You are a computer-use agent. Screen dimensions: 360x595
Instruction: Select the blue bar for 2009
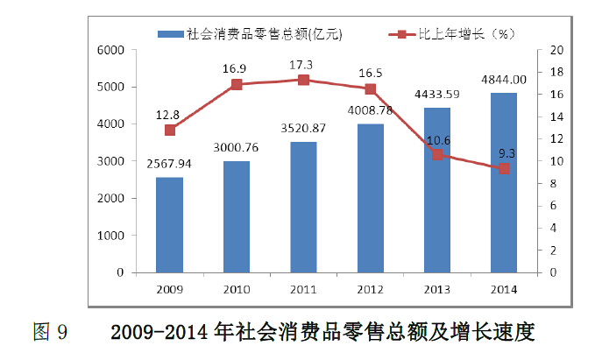click(169, 225)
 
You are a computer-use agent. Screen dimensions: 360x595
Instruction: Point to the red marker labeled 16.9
click(237, 85)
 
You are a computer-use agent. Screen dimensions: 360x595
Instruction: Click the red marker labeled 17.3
click(303, 80)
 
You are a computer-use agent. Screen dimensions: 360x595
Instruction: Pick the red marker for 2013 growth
click(437, 155)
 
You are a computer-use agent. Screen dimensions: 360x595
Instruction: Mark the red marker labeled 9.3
click(504, 169)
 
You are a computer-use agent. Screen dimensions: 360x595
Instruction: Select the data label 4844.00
click(504, 79)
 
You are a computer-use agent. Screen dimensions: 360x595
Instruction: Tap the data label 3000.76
click(237, 146)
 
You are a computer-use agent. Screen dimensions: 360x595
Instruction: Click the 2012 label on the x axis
click(370, 289)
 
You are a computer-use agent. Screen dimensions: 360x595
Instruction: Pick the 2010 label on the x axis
click(237, 289)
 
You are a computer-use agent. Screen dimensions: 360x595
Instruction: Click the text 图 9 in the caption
click(50, 333)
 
